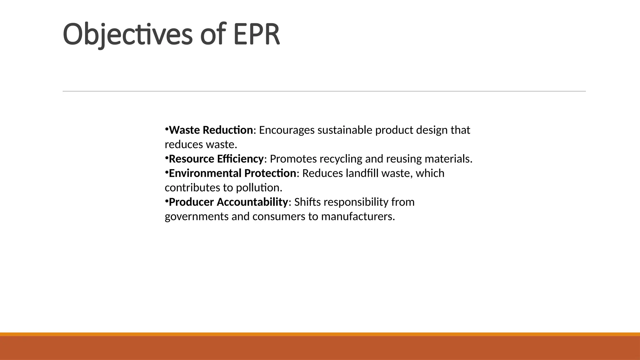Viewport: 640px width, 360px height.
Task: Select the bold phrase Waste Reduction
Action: coord(211,130)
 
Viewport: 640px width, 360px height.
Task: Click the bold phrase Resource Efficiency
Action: coord(216,159)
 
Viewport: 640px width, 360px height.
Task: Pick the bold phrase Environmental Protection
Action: coord(232,173)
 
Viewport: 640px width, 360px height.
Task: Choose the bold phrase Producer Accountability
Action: coord(228,202)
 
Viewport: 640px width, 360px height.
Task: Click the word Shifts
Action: coord(307,202)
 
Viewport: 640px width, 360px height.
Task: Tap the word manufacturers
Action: coord(358,216)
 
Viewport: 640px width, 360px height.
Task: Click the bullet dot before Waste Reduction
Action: coord(167,129)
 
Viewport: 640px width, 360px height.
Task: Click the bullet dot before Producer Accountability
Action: coord(167,201)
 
